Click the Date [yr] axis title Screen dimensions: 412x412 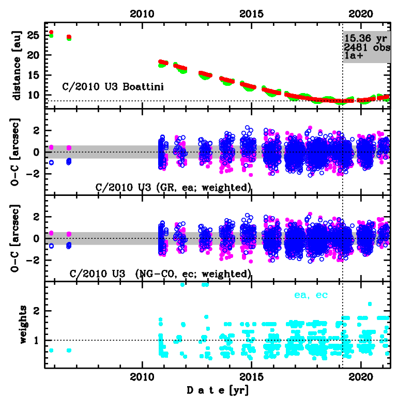[x=217, y=390]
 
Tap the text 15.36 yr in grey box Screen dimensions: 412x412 [x=366, y=38]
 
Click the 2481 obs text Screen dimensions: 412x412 [x=367, y=47]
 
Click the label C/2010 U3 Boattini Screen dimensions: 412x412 [x=113, y=87]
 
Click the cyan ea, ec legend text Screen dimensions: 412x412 [x=311, y=295]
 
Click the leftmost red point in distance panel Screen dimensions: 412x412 [x=51, y=33]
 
